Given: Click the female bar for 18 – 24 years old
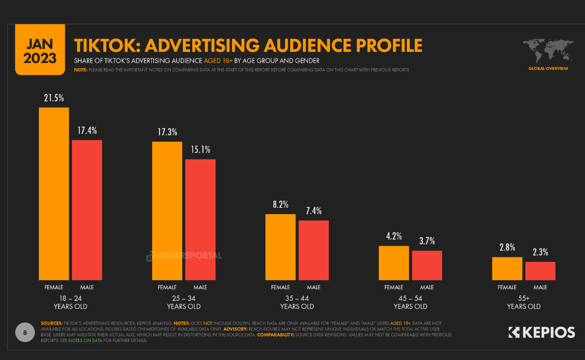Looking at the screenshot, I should pyautogui.click(x=54, y=193).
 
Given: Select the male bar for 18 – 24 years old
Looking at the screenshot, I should pyautogui.click(x=87, y=210).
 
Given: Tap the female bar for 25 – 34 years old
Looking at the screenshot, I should pyautogui.click(x=167, y=210).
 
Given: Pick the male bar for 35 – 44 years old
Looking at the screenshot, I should pyautogui.click(x=313, y=250).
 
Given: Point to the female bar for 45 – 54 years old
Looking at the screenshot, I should pyautogui.click(x=394, y=263).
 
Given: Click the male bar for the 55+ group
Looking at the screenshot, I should pyautogui.click(x=540, y=271).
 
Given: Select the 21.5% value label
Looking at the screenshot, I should pyautogui.click(x=54, y=98).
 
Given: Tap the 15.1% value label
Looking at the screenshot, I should pyautogui.click(x=200, y=150).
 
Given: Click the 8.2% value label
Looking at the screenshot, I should pyautogui.click(x=280, y=204).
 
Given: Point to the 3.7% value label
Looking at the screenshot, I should pyautogui.click(x=427, y=241).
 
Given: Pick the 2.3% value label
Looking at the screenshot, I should pyautogui.click(x=540, y=252).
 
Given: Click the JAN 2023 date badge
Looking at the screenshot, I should pyautogui.click(x=40, y=50).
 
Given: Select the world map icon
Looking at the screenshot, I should pyautogui.click(x=548, y=51).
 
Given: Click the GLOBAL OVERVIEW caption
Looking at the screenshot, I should pyautogui.click(x=548, y=69).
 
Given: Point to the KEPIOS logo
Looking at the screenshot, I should pyautogui.click(x=541, y=332).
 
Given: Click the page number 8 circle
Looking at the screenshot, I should pyautogui.click(x=25, y=332).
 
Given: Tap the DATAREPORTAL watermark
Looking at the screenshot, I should pyautogui.click(x=184, y=255).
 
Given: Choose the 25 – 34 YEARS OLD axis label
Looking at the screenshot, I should pyautogui.click(x=184, y=302).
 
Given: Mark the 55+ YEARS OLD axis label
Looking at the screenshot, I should pyautogui.click(x=524, y=302).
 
